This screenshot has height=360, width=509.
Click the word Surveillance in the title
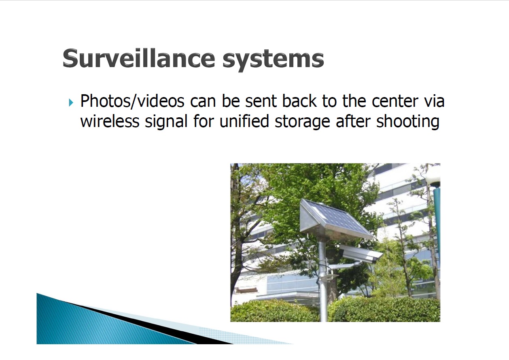coord(139,58)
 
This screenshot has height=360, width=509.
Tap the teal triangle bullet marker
coord(71,102)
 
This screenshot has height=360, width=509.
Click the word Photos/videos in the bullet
coord(132,101)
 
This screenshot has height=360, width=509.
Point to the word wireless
coord(110,121)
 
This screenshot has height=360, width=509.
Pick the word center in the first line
coord(395,102)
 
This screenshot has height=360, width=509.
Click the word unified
coord(244,121)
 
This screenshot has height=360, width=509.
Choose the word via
coord(434,101)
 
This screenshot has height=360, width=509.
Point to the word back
coord(299,101)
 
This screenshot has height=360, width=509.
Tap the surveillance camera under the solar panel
coord(360,254)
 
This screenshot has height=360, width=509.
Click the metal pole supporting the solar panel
coord(322,280)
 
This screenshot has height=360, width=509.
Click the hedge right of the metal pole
coord(384,309)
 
